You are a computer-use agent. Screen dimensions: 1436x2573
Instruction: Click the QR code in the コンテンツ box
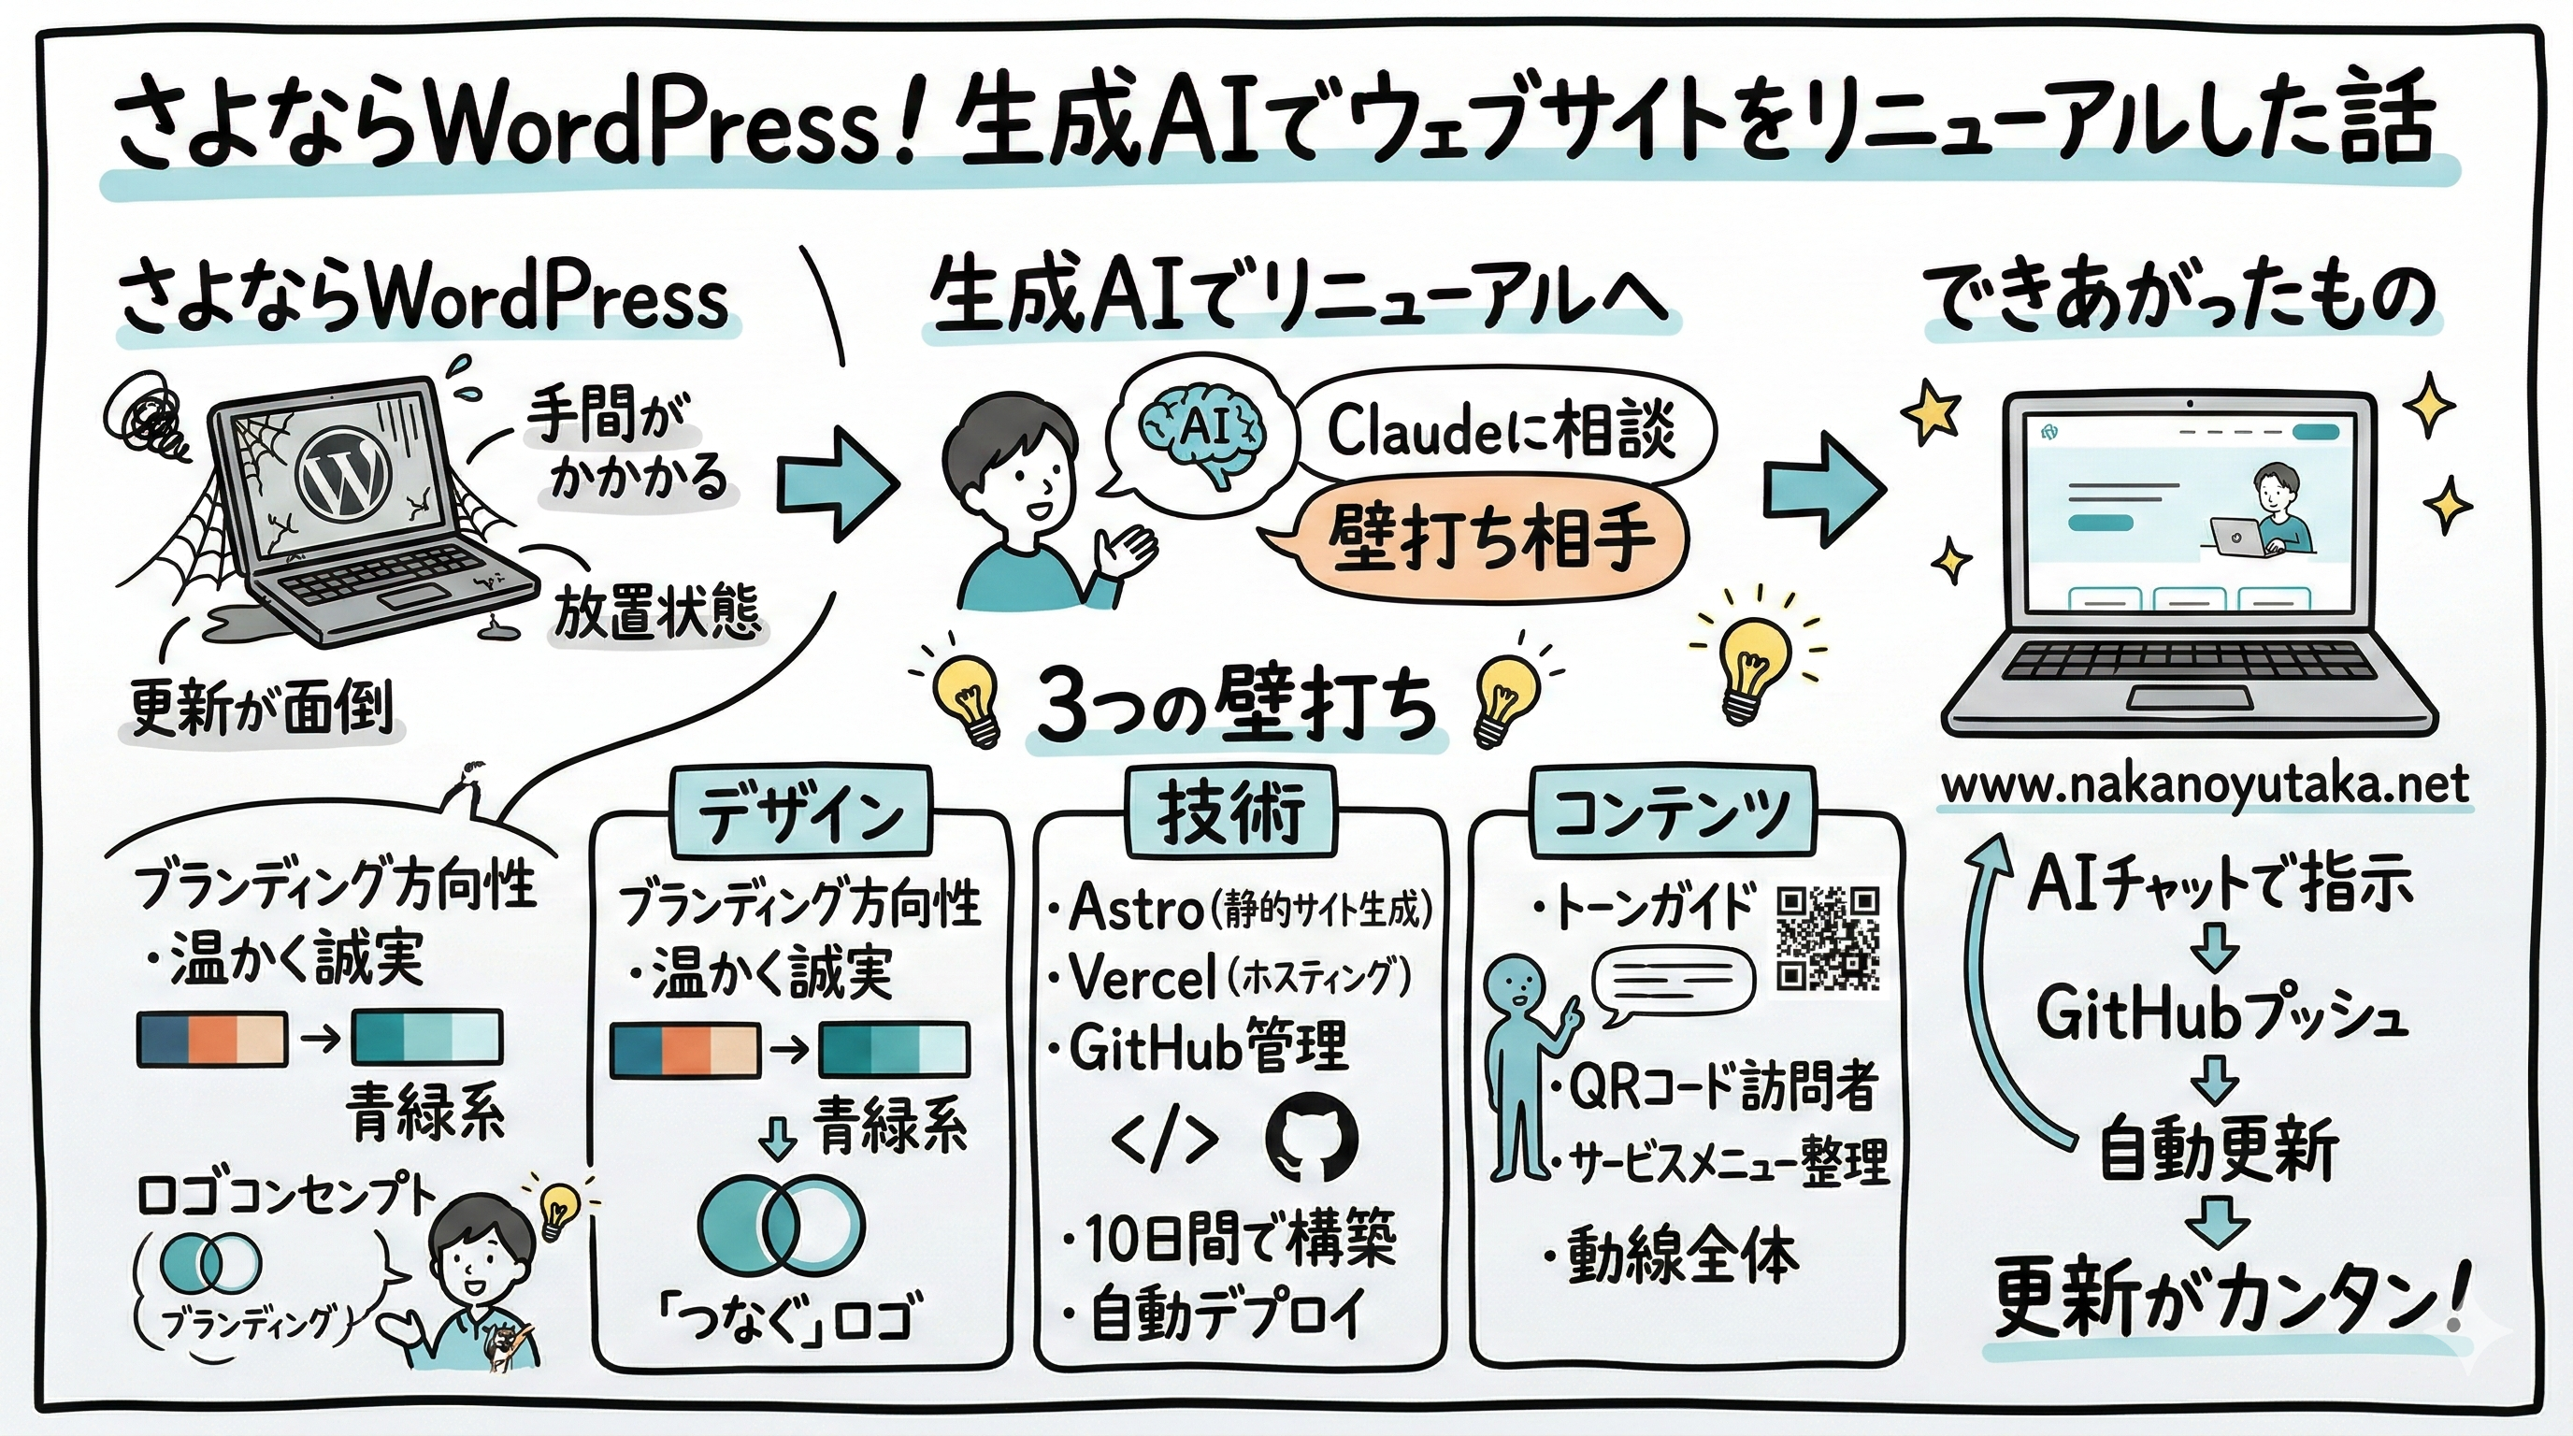click(x=1829, y=938)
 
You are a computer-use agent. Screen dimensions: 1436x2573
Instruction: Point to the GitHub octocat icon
click(x=1312, y=1138)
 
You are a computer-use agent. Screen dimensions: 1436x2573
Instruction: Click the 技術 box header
click(x=1230, y=811)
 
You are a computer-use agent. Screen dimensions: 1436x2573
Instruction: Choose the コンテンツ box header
click(x=1672, y=811)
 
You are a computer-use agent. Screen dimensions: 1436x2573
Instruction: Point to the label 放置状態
click(x=657, y=610)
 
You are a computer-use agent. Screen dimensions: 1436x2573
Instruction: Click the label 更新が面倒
click(x=262, y=708)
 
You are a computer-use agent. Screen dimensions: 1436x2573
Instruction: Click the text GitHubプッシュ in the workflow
click(x=2220, y=1014)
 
